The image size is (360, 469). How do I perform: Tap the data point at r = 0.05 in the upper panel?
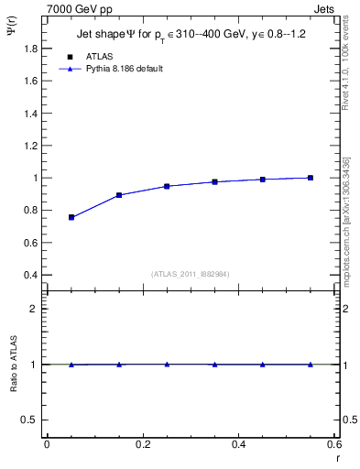click(71, 217)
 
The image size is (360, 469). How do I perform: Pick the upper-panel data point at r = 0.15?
click(119, 195)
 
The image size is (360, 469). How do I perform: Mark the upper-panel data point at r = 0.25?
click(167, 186)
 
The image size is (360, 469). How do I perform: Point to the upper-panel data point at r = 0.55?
click(311, 178)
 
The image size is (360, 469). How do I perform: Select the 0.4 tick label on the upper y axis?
click(31, 275)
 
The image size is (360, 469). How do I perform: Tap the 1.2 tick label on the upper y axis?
click(31, 146)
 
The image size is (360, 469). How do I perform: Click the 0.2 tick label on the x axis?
click(142, 444)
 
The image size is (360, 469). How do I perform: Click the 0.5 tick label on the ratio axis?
click(31, 420)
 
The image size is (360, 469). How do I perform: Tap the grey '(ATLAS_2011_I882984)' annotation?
click(190, 274)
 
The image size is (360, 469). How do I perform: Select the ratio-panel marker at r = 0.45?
click(263, 365)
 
